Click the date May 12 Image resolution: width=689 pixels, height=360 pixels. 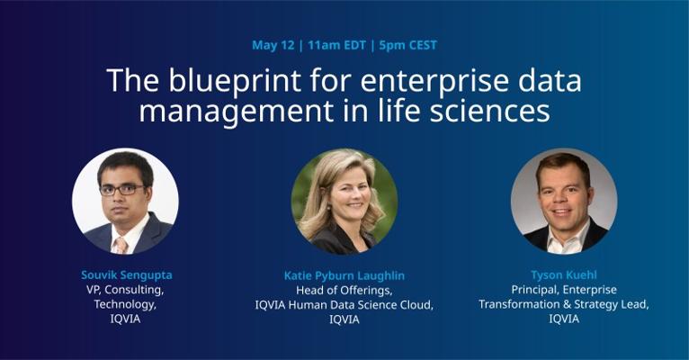(x=273, y=45)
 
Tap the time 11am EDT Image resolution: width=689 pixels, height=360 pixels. (x=336, y=45)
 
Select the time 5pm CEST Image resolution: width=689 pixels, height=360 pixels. (x=407, y=45)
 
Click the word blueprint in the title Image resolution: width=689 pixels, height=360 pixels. (x=235, y=81)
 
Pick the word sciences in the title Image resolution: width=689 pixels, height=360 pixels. (x=489, y=111)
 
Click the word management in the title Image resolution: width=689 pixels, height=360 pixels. (x=236, y=112)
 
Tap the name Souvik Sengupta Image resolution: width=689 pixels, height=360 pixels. (x=127, y=275)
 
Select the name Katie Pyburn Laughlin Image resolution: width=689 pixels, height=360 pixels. (x=344, y=275)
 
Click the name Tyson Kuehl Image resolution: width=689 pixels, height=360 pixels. (x=564, y=275)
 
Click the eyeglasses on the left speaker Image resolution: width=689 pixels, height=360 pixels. (x=122, y=190)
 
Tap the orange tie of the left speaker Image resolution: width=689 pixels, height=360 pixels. (x=121, y=246)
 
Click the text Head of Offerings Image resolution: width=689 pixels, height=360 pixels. (x=344, y=290)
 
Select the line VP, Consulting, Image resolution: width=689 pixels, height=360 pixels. (x=125, y=290)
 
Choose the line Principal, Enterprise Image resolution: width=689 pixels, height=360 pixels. (x=564, y=290)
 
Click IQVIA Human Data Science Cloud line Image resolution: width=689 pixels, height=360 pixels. (x=344, y=304)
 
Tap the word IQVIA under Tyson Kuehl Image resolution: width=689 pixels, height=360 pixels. (x=564, y=319)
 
